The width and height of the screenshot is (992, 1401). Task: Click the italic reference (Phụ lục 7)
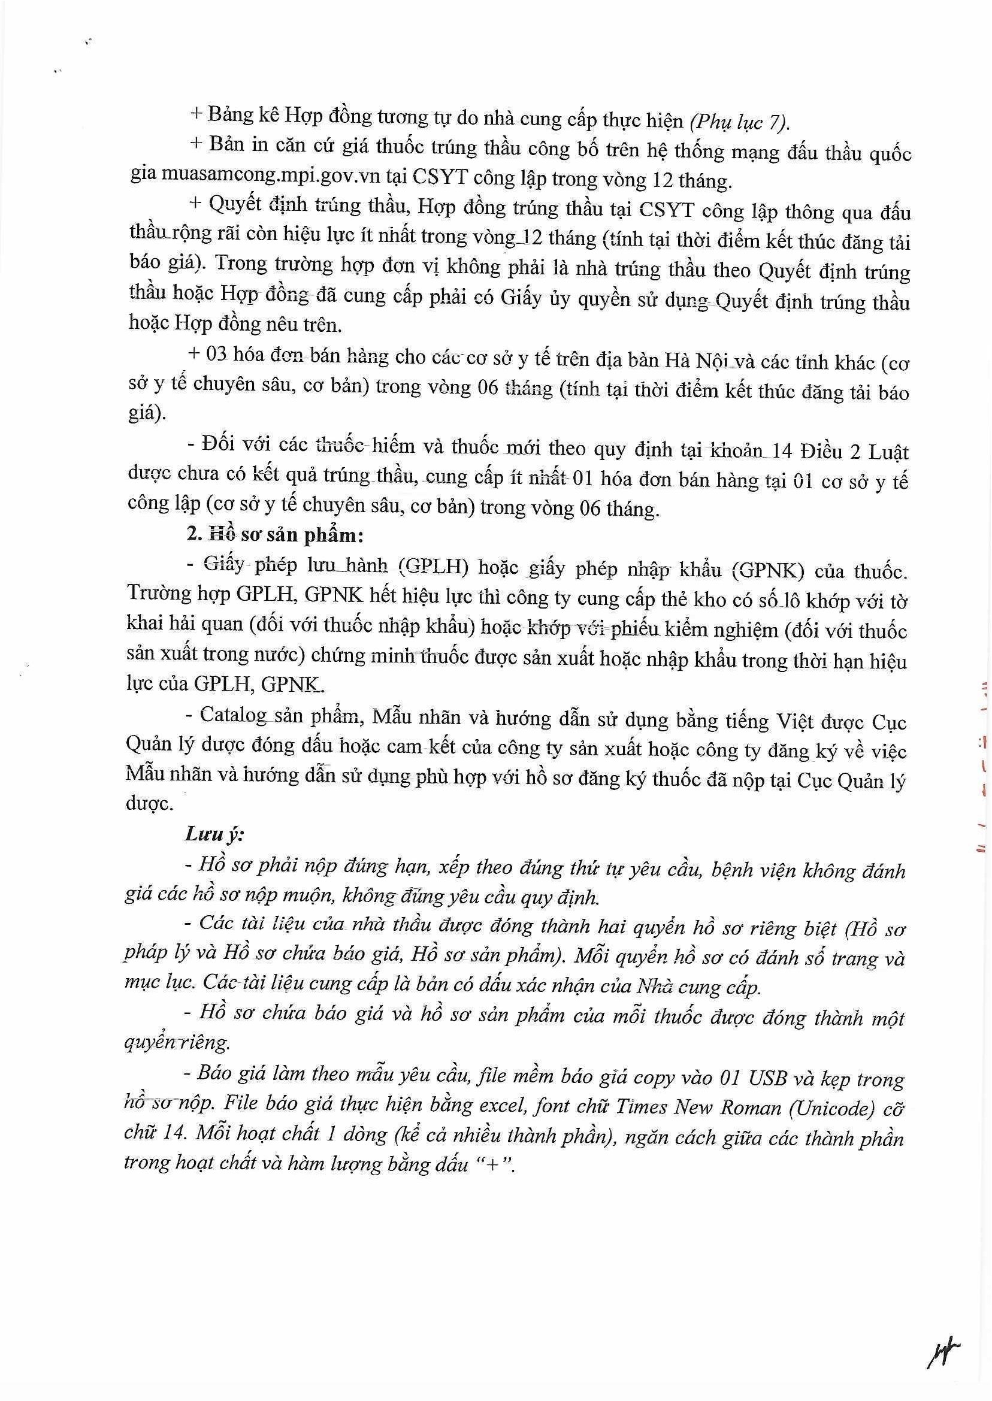(x=739, y=123)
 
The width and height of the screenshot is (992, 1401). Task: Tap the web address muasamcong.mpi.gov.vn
(x=271, y=176)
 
